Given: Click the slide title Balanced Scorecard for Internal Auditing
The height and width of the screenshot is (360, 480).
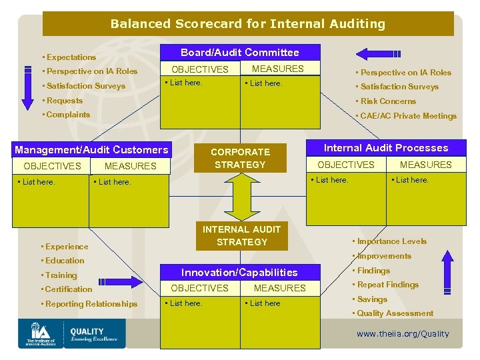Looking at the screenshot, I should tap(247, 24).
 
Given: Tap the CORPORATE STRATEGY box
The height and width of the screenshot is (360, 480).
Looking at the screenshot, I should tap(240, 158).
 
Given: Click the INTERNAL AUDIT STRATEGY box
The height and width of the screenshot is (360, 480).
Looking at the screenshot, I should tap(241, 235).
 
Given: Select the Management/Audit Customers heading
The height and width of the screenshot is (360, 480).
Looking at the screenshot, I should tap(91, 150).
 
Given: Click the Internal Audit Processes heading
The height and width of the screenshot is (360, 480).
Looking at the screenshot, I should tap(385, 148).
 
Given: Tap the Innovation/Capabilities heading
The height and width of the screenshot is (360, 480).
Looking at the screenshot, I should tap(239, 272).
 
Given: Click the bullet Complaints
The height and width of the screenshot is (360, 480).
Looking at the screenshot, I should tap(66, 115).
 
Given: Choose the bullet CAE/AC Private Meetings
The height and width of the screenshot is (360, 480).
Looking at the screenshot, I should tap(406, 116).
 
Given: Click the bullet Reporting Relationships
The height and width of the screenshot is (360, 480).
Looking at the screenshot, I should tap(89, 304).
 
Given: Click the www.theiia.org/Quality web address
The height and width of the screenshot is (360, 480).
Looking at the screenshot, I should tap(403, 334).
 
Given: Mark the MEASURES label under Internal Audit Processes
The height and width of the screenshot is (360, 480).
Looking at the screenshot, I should tap(425, 165).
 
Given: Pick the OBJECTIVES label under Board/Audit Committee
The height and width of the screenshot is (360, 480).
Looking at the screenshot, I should tap(199, 69).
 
